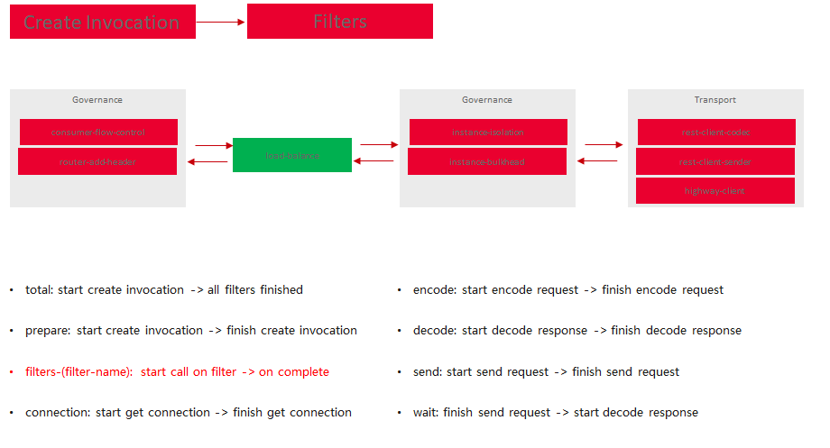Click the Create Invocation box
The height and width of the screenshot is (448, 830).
[x=102, y=23]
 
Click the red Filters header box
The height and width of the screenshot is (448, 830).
[x=339, y=22]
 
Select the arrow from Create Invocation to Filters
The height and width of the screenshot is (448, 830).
[x=221, y=22]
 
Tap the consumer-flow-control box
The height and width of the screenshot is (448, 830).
[x=98, y=133]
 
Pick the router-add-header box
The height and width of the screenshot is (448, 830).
[x=98, y=162]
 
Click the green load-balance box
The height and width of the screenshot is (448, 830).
[x=292, y=155]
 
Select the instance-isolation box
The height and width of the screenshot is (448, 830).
[x=488, y=133]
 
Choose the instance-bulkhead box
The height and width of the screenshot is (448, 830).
[x=487, y=162]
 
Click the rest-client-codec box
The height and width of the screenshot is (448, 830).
[x=716, y=133]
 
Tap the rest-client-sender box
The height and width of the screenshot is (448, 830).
[x=715, y=162]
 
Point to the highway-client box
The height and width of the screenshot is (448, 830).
[x=715, y=191]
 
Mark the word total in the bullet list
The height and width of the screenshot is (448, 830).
[x=39, y=290]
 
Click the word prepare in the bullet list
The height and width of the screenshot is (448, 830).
[x=48, y=331]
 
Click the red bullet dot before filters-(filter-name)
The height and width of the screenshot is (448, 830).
[x=12, y=372]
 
